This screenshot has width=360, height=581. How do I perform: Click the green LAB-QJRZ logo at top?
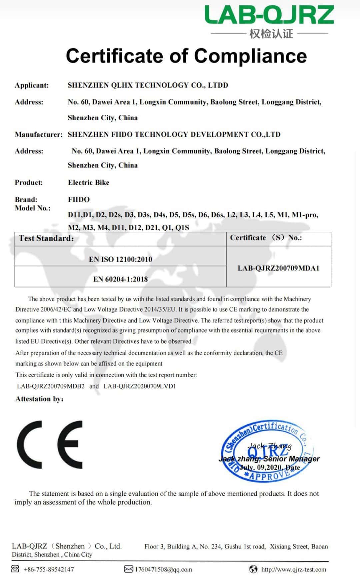click(x=269, y=15)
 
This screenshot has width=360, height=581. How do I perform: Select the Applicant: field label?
click(x=32, y=85)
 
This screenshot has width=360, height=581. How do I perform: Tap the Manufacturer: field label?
click(x=39, y=135)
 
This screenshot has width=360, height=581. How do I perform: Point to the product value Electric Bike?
click(x=89, y=182)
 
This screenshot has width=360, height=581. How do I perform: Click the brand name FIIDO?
click(x=79, y=199)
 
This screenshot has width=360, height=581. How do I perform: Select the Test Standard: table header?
click(x=46, y=238)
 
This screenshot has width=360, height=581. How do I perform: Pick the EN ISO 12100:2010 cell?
click(x=120, y=259)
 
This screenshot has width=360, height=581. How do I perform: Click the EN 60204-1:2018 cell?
click(x=120, y=279)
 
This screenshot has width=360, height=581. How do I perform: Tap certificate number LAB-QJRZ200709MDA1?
click(x=278, y=268)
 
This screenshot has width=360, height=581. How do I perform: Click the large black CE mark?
click(x=50, y=445)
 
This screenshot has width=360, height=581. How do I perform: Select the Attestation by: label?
click(x=39, y=399)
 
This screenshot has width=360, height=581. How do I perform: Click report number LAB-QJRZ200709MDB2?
click(x=51, y=386)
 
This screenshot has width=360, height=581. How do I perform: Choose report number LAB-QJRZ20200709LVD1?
click(x=140, y=386)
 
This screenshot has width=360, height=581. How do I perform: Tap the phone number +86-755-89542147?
click(x=49, y=569)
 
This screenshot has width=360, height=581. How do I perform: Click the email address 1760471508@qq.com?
click(x=163, y=569)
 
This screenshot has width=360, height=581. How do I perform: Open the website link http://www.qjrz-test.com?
click(x=294, y=569)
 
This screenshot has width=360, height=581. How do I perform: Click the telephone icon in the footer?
click(x=15, y=569)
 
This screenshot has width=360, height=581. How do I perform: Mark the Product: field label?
click(x=29, y=183)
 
